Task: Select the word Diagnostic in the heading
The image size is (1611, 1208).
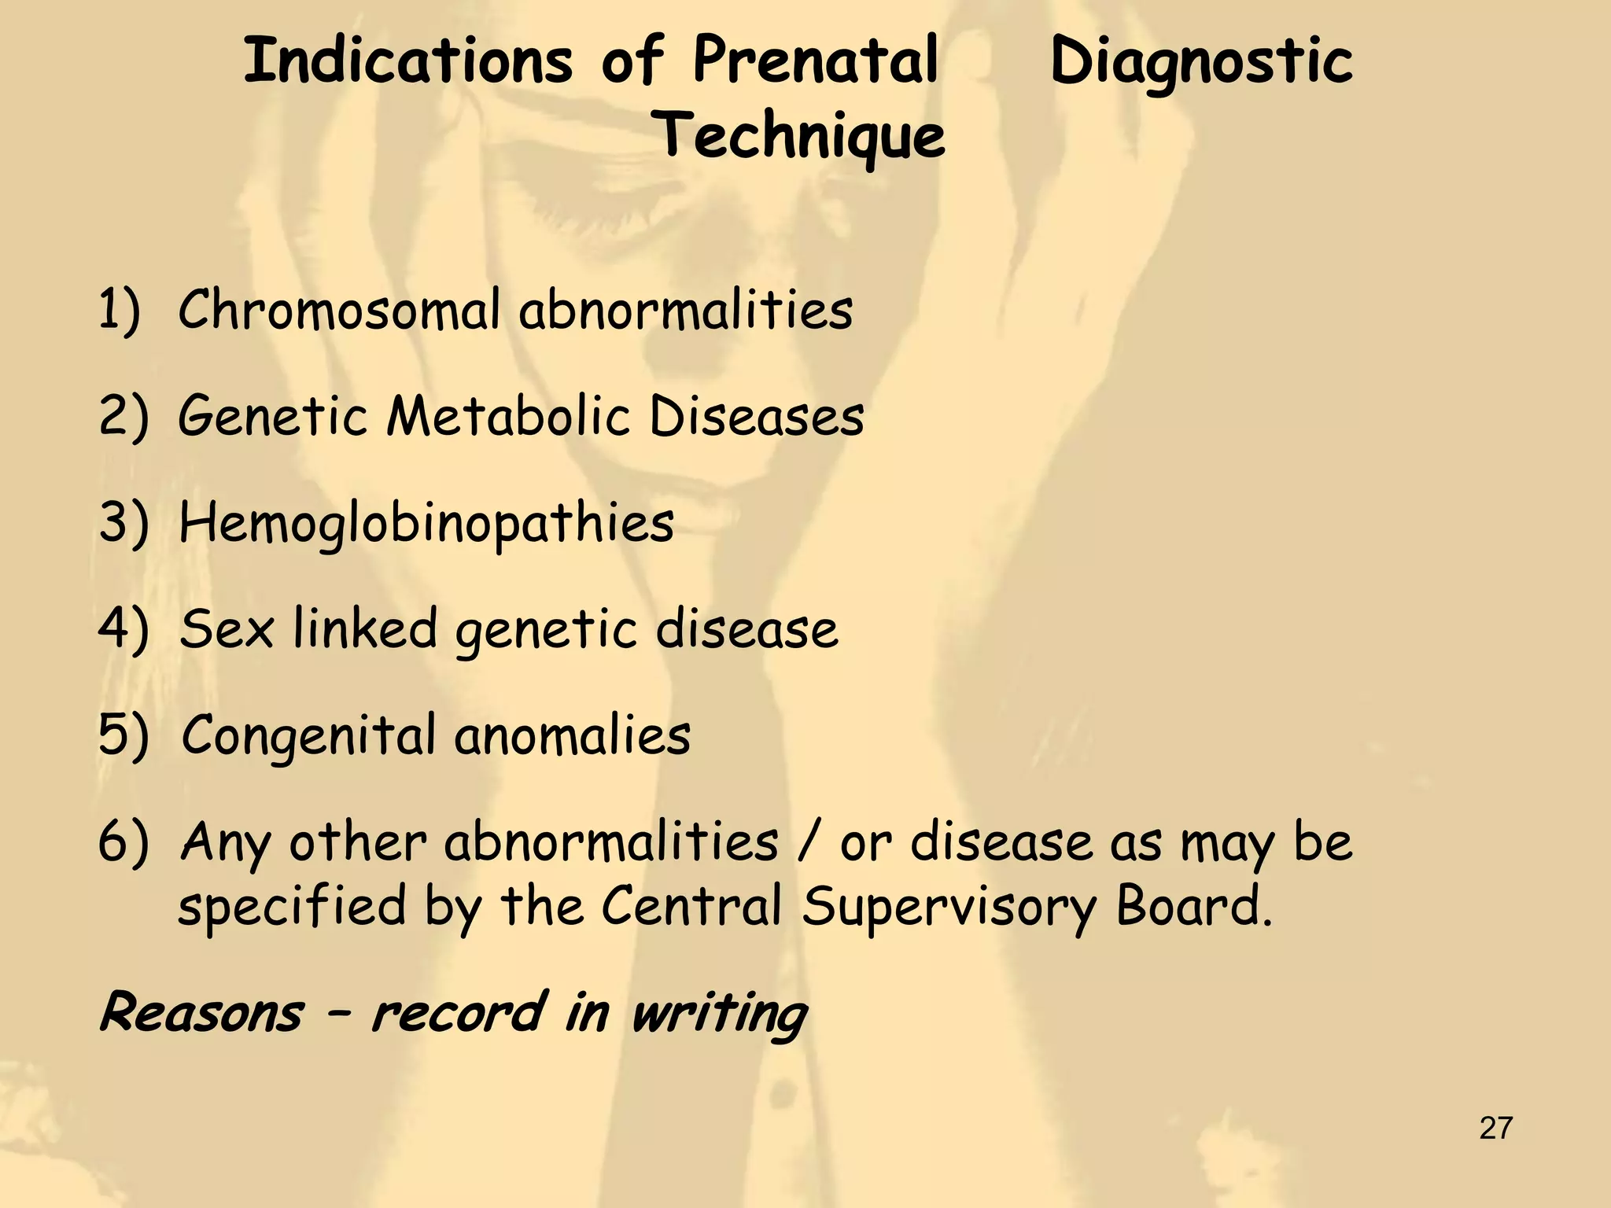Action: (1201, 63)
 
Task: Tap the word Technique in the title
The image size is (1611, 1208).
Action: (801, 136)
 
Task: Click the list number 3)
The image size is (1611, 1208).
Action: (123, 523)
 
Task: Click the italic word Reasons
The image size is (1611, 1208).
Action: (201, 1013)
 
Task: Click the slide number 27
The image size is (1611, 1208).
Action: (1495, 1129)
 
